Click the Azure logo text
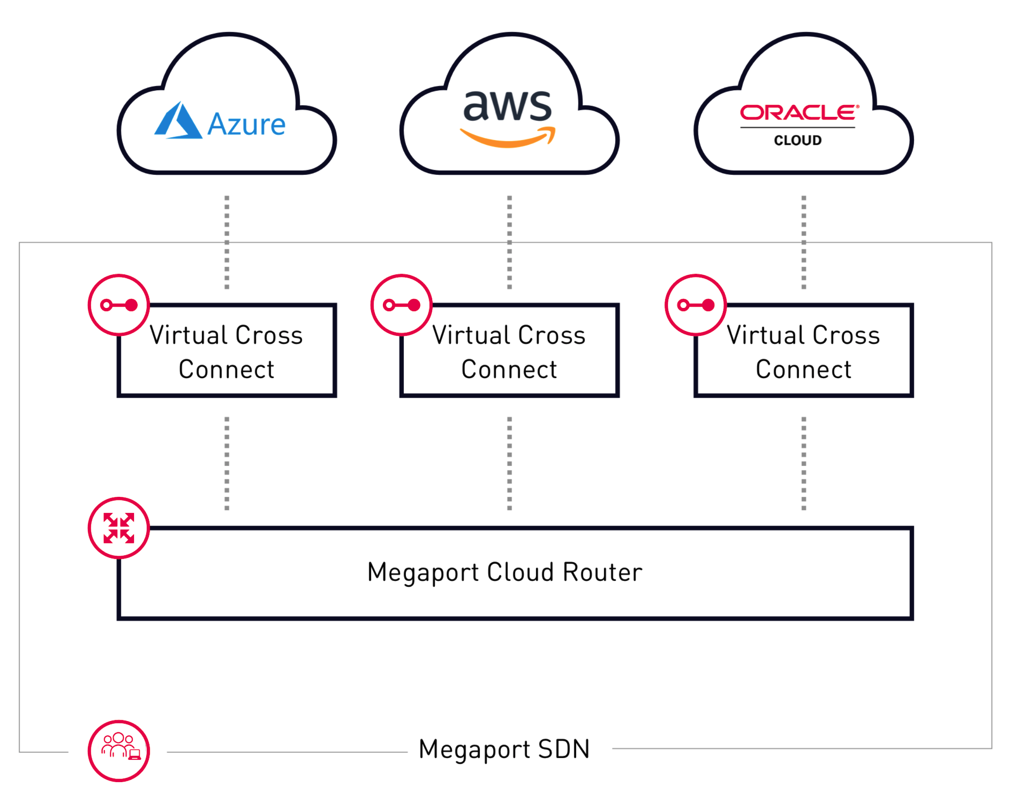point(246,124)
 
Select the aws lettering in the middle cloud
point(507,106)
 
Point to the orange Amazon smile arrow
point(507,138)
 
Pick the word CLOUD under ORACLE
point(797,140)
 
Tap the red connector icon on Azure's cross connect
point(119,305)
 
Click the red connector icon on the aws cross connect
point(402,305)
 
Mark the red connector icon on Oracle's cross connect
point(695,305)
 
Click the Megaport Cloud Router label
point(505,572)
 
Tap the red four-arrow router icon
point(119,528)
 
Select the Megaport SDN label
point(504,749)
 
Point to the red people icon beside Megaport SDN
point(119,751)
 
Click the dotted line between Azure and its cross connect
point(227,243)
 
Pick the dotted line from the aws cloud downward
point(509,243)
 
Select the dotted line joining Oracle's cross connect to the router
point(803,463)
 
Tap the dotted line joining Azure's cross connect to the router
point(227,463)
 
